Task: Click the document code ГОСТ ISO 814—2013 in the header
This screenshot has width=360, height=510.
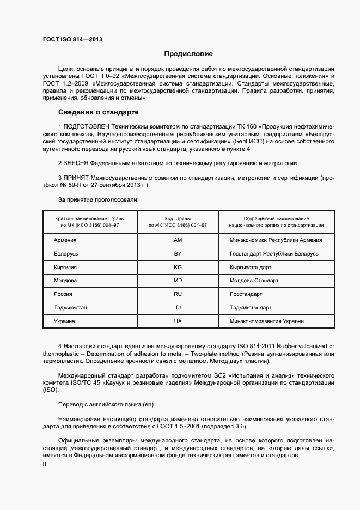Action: [72, 39]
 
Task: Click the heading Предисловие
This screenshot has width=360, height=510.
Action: [188, 54]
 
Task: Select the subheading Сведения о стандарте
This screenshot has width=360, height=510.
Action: [98, 113]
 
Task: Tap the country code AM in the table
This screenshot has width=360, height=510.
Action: [178, 240]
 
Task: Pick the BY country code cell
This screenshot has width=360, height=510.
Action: [178, 254]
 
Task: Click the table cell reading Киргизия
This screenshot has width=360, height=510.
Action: [65, 268]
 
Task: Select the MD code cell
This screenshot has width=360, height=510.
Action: [178, 281]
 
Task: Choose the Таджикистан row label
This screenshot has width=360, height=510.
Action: [70, 308]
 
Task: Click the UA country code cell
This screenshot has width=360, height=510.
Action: [178, 321]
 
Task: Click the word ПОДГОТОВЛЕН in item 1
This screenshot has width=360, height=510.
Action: [86, 126]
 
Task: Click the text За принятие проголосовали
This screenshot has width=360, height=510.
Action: [97, 199]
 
